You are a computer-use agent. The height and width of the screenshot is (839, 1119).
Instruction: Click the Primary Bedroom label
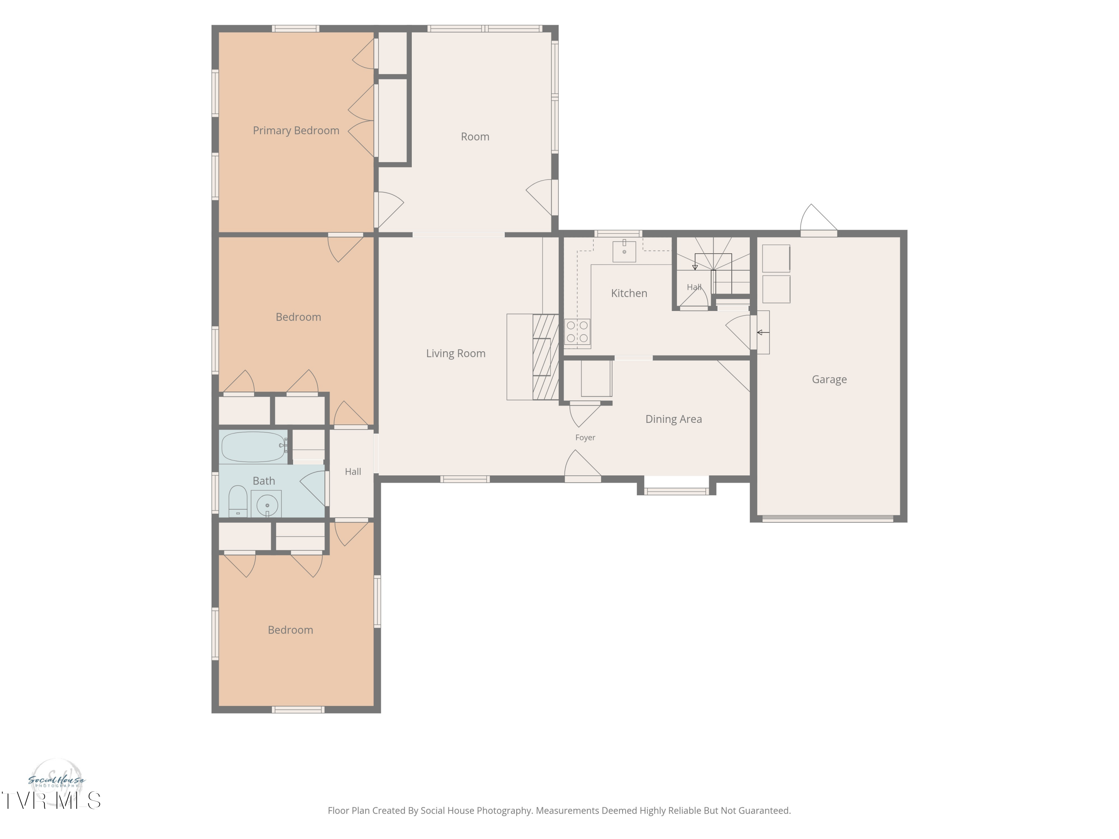coord(296,131)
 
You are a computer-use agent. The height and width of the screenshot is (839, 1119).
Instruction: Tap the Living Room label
coord(456,353)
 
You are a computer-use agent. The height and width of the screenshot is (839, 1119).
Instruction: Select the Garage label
coord(829,379)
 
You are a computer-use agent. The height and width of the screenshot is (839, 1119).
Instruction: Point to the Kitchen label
coord(629,293)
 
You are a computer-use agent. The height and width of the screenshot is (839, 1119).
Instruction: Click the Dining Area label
coord(673,419)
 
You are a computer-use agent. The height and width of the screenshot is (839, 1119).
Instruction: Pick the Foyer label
coord(585,437)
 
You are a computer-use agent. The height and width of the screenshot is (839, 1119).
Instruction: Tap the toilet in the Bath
coord(238,501)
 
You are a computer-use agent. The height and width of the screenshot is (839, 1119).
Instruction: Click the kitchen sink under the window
coord(624,251)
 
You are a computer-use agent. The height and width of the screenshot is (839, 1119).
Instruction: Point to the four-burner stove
coord(577,332)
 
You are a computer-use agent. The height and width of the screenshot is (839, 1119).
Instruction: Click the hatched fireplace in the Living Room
coord(545,357)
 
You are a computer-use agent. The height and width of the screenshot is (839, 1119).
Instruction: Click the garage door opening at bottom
coord(828,518)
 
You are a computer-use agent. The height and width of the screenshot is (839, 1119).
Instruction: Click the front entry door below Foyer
coord(583,466)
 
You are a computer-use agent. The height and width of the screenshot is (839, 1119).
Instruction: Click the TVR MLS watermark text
coord(51,801)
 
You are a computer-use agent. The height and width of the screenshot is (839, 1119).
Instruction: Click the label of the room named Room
coord(475,136)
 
